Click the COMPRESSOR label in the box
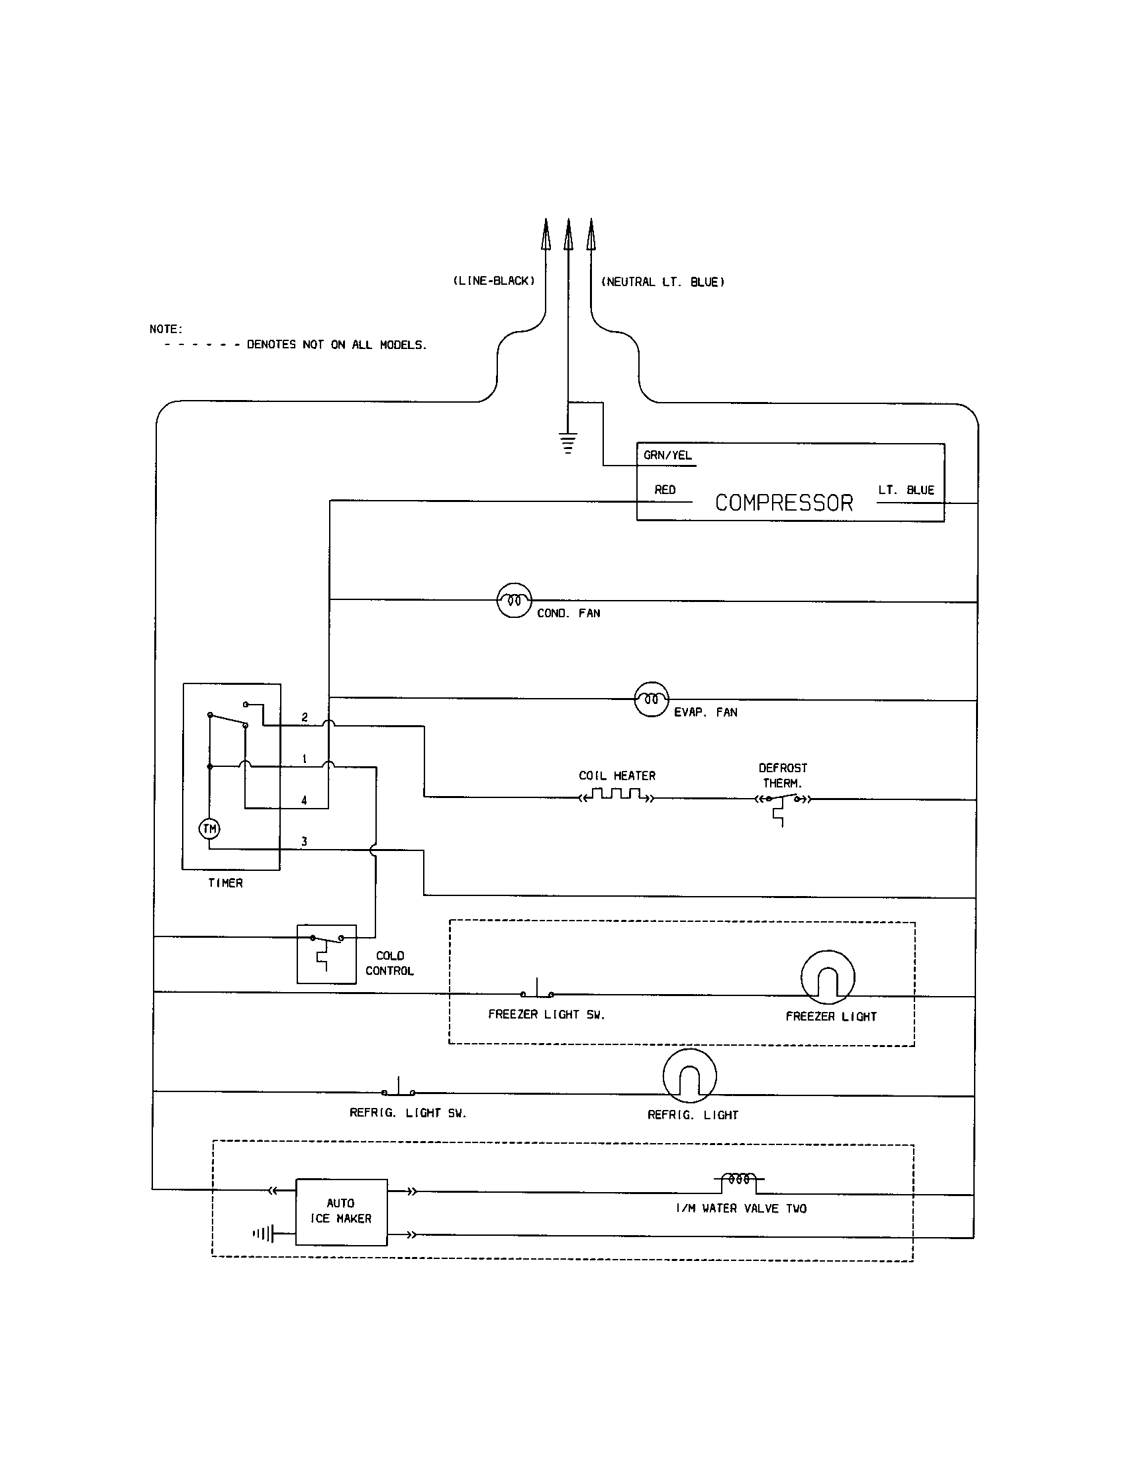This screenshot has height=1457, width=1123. [x=783, y=503]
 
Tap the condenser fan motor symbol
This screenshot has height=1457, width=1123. [x=514, y=600]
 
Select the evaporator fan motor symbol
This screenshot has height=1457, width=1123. [x=651, y=699]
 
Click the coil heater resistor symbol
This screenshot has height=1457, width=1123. [x=616, y=795]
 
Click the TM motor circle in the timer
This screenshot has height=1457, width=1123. [x=209, y=829]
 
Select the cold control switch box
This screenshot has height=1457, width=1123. [x=326, y=953]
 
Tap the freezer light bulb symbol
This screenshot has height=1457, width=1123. [x=827, y=978]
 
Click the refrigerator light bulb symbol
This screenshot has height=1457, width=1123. [x=689, y=1076]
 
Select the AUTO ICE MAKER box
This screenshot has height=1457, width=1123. [x=341, y=1211]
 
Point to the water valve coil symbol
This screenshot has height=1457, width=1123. [x=739, y=1180]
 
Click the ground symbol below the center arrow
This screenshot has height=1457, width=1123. [x=567, y=444]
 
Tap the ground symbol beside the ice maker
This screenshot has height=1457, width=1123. [x=264, y=1234]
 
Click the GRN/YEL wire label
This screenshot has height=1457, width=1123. [x=667, y=456]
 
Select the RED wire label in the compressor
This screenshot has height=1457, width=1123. [x=665, y=489]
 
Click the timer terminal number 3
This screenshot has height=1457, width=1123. [x=304, y=841]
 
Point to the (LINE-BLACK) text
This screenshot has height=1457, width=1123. [x=493, y=281]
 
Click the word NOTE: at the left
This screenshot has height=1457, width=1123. [x=166, y=329]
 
